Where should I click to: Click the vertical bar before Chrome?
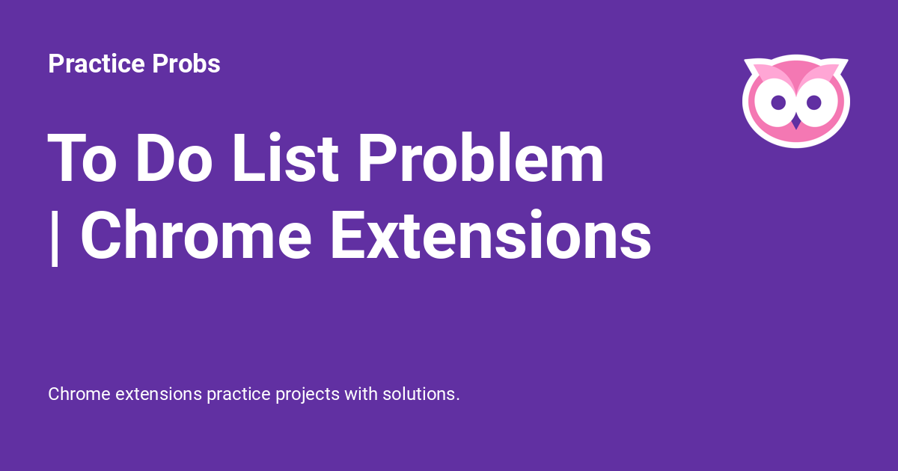[54, 237]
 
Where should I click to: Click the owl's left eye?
[778, 101]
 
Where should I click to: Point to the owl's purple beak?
[796, 121]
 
